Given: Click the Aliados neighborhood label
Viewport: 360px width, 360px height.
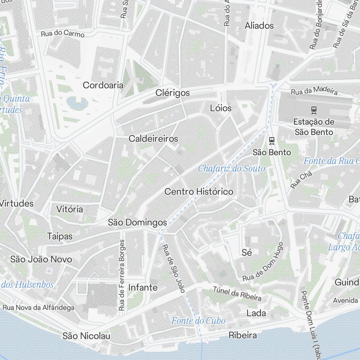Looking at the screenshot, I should tap(259, 26).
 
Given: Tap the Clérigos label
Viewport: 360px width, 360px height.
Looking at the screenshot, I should tap(172, 93).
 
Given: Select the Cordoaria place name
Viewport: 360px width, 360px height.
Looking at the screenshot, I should tap(103, 85).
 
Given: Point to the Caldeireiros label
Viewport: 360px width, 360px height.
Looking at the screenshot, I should tap(153, 139).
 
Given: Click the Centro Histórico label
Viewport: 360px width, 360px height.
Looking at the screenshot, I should tap(199, 192).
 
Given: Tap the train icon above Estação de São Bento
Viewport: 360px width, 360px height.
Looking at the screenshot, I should tap(314, 109).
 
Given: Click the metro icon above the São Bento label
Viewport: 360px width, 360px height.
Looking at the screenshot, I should tap(272, 140).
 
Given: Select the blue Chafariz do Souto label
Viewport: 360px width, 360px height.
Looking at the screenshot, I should tap(231, 168).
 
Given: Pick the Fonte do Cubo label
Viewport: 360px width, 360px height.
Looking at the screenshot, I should tap(198, 320).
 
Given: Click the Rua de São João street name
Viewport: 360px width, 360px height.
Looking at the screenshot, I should tap(174, 268).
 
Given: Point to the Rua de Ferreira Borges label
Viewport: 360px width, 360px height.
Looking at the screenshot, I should tap(122, 275).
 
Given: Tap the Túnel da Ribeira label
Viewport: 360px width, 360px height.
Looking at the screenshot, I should tap(237, 293).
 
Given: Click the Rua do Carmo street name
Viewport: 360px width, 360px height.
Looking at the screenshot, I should tap(63, 34).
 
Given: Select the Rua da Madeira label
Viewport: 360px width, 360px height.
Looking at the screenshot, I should tap(314, 91).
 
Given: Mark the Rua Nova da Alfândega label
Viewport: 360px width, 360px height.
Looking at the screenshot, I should tap(39, 307).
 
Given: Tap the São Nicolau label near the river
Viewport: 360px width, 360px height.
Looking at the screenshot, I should tap(86, 336).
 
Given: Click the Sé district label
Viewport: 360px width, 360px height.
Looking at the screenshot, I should tap(247, 252).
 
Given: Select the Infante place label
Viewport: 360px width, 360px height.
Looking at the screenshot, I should tap(143, 287).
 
